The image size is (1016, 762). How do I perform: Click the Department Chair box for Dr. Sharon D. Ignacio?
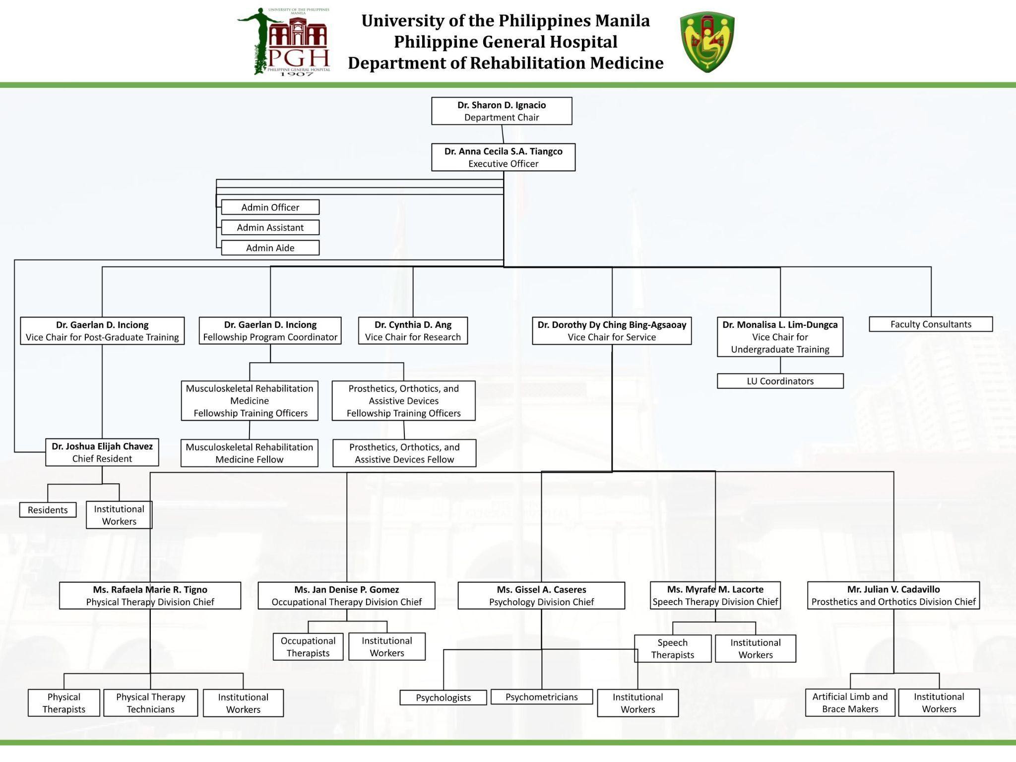pyautogui.click(x=502, y=111)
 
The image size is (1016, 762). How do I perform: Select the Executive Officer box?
pyautogui.click(x=503, y=157)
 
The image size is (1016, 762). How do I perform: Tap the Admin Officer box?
pyautogui.click(x=270, y=207)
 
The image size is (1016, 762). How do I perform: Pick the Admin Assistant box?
pyautogui.click(x=270, y=228)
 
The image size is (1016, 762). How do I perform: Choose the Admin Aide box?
pyautogui.click(x=270, y=248)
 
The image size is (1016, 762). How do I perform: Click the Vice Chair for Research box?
pyautogui.click(x=413, y=331)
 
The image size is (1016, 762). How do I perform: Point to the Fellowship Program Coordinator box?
pyautogui.click(x=270, y=331)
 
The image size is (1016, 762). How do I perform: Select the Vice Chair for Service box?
pyautogui.click(x=612, y=331)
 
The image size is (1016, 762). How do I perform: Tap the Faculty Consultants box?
pyautogui.click(x=931, y=324)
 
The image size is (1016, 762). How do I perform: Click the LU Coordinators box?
pyautogui.click(x=780, y=381)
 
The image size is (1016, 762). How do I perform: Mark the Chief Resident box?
pyautogui.click(x=102, y=452)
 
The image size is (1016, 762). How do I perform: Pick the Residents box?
pyautogui.click(x=48, y=510)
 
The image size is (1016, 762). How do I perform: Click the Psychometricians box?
pyautogui.click(x=541, y=697)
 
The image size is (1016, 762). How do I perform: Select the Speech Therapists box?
pyautogui.click(x=672, y=649)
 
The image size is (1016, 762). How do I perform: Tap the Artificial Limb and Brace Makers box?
pyautogui.click(x=850, y=703)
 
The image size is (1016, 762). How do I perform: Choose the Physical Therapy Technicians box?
pyautogui.click(x=150, y=703)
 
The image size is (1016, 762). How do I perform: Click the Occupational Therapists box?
pyautogui.click(x=308, y=647)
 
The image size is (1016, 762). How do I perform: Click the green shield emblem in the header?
pyautogui.click(x=707, y=42)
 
